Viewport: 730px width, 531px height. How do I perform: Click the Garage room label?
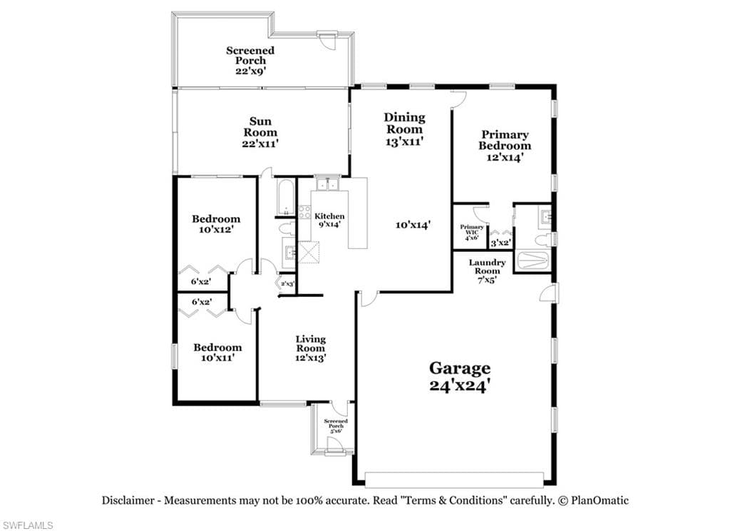pos(460,368)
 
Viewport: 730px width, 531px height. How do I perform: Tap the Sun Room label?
pos(260,127)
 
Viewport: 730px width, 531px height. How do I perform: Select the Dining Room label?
pos(404,123)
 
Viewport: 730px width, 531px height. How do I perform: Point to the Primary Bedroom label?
pos(505,140)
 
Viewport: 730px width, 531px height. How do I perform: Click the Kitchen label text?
pos(329,216)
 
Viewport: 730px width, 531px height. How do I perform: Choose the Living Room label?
pos(311,343)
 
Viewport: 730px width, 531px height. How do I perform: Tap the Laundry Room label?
pos(487,267)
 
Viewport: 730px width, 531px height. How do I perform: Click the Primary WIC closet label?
pos(472,229)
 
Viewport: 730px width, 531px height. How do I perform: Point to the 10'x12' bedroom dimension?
pos(216,229)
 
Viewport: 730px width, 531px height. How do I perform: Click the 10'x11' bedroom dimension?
pos(217,358)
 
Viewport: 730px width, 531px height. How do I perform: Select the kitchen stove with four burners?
pos(304,212)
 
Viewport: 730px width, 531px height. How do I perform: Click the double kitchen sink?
pos(328,185)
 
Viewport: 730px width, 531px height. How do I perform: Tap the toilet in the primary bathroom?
pos(543,241)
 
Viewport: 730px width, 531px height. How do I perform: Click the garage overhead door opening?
pos(454,479)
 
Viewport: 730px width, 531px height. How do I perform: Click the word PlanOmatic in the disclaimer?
pos(600,501)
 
